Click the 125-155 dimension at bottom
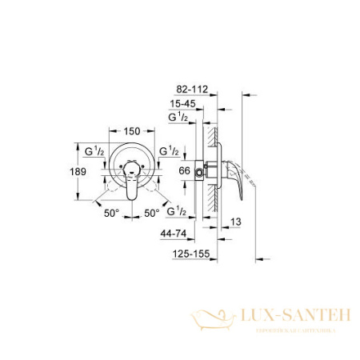192,255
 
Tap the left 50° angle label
110,214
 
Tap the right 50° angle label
151,214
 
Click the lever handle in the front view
131,188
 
